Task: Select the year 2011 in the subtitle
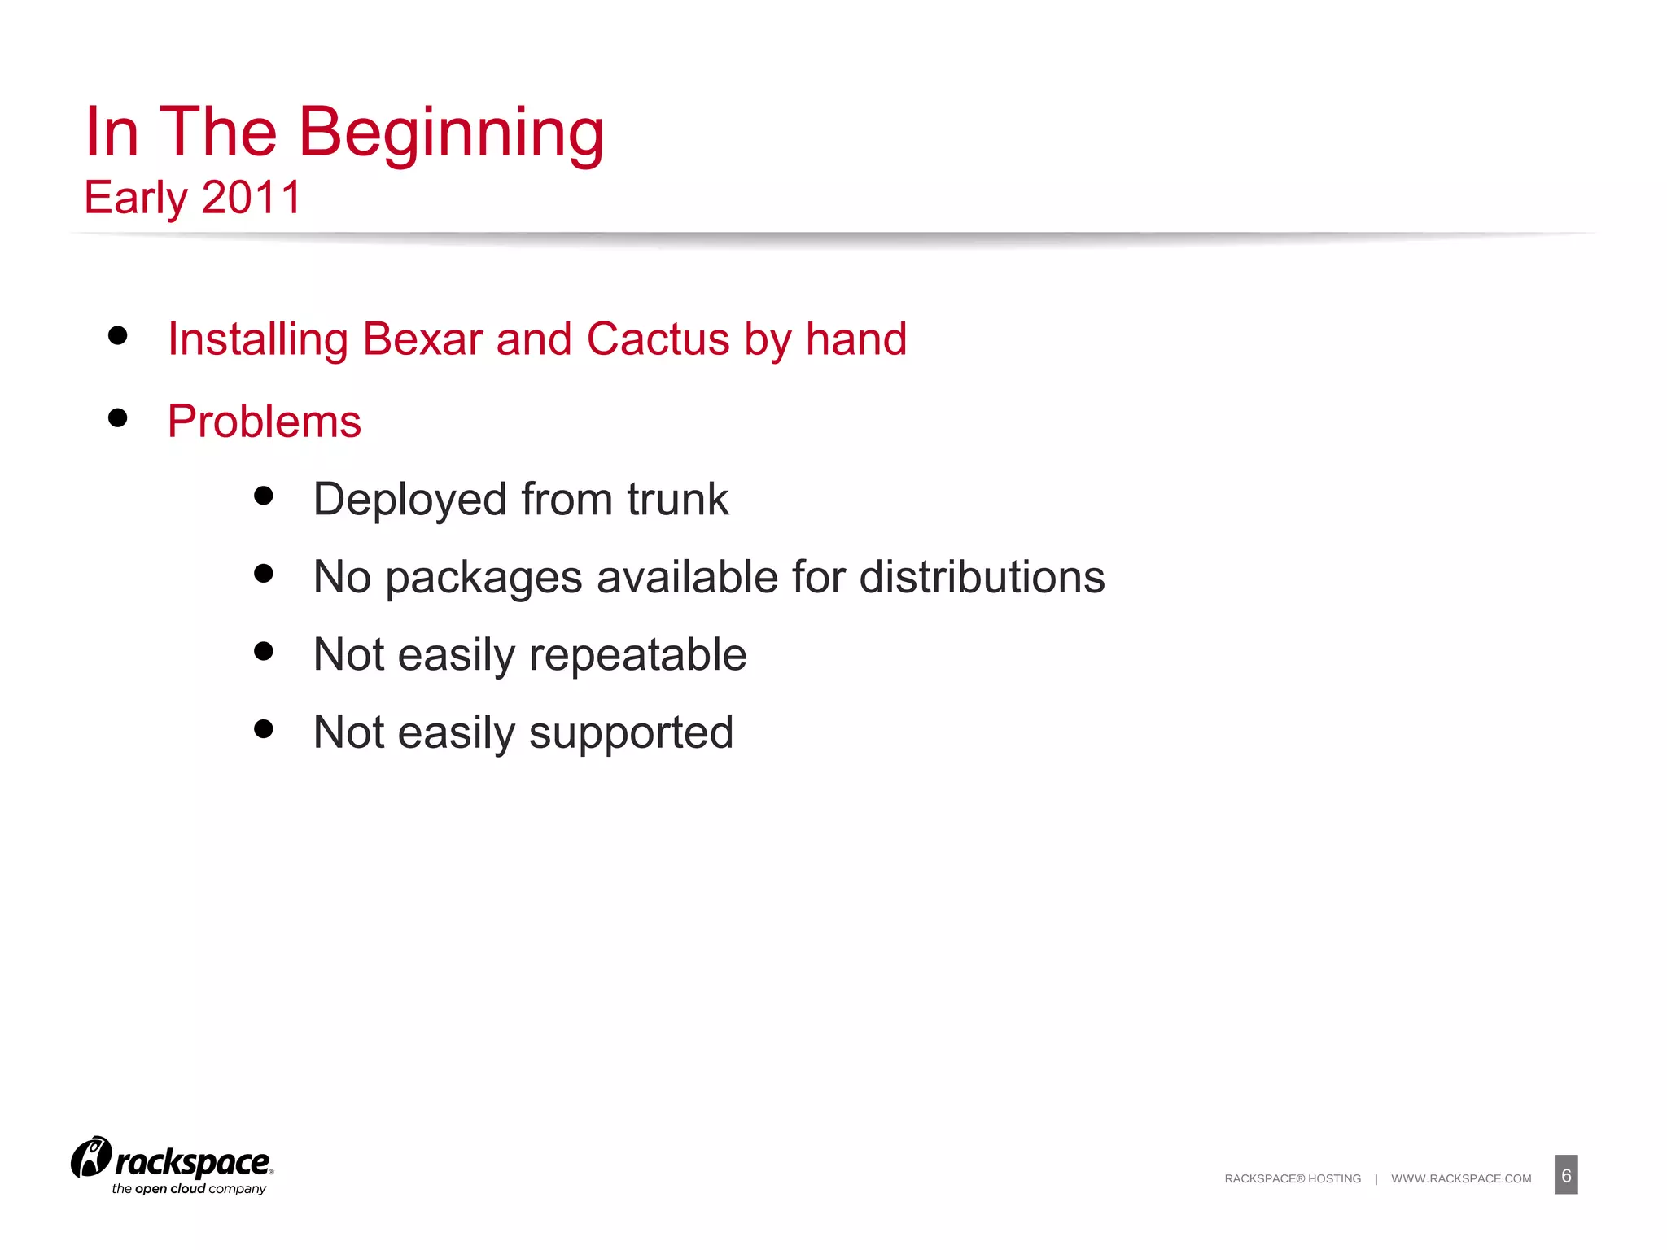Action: (252, 198)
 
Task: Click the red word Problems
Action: (265, 422)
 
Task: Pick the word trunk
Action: (677, 499)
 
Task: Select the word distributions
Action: (982, 577)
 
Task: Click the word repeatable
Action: (637, 654)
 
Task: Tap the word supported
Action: (631, 733)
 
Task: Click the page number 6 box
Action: (1566, 1175)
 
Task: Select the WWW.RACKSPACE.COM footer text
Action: (1461, 1178)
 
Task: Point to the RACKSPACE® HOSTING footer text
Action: (1293, 1178)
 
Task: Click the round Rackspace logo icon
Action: (90, 1157)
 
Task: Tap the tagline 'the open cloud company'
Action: (189, 1189)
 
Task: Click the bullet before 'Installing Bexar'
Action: (118, 335)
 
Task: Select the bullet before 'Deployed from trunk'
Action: (263, 496)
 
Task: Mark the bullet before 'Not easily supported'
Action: (263, 728)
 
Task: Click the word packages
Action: (483, 579)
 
